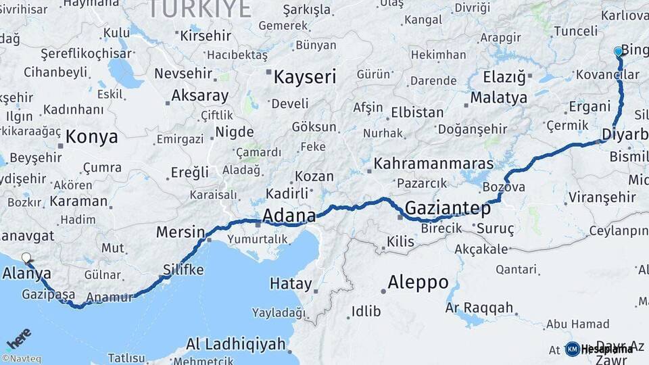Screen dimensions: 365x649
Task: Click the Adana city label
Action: (289, 216)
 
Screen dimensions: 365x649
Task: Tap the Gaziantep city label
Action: (448, 208)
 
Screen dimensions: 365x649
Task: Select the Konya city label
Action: (92, 137)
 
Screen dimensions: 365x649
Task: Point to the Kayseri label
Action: (304, 77)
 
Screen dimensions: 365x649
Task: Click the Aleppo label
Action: (418, 282)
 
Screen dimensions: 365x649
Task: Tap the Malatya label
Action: (499, 97)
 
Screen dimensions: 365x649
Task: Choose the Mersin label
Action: (181, 233)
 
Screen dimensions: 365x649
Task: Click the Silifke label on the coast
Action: (183, 269)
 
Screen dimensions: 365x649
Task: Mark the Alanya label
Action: (27, 274)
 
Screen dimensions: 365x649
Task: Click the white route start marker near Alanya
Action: (26, 258)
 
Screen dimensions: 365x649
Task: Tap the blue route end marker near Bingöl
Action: (618, 51)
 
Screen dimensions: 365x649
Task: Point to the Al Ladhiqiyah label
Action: (236, 344)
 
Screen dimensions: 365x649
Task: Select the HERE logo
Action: (18, 338)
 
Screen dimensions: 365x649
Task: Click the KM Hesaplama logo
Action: (599, 349)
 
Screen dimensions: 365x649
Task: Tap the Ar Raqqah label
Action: (479, 308)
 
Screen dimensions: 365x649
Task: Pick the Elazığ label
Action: (504, 77)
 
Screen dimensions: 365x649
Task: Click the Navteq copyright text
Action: (21, 359)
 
